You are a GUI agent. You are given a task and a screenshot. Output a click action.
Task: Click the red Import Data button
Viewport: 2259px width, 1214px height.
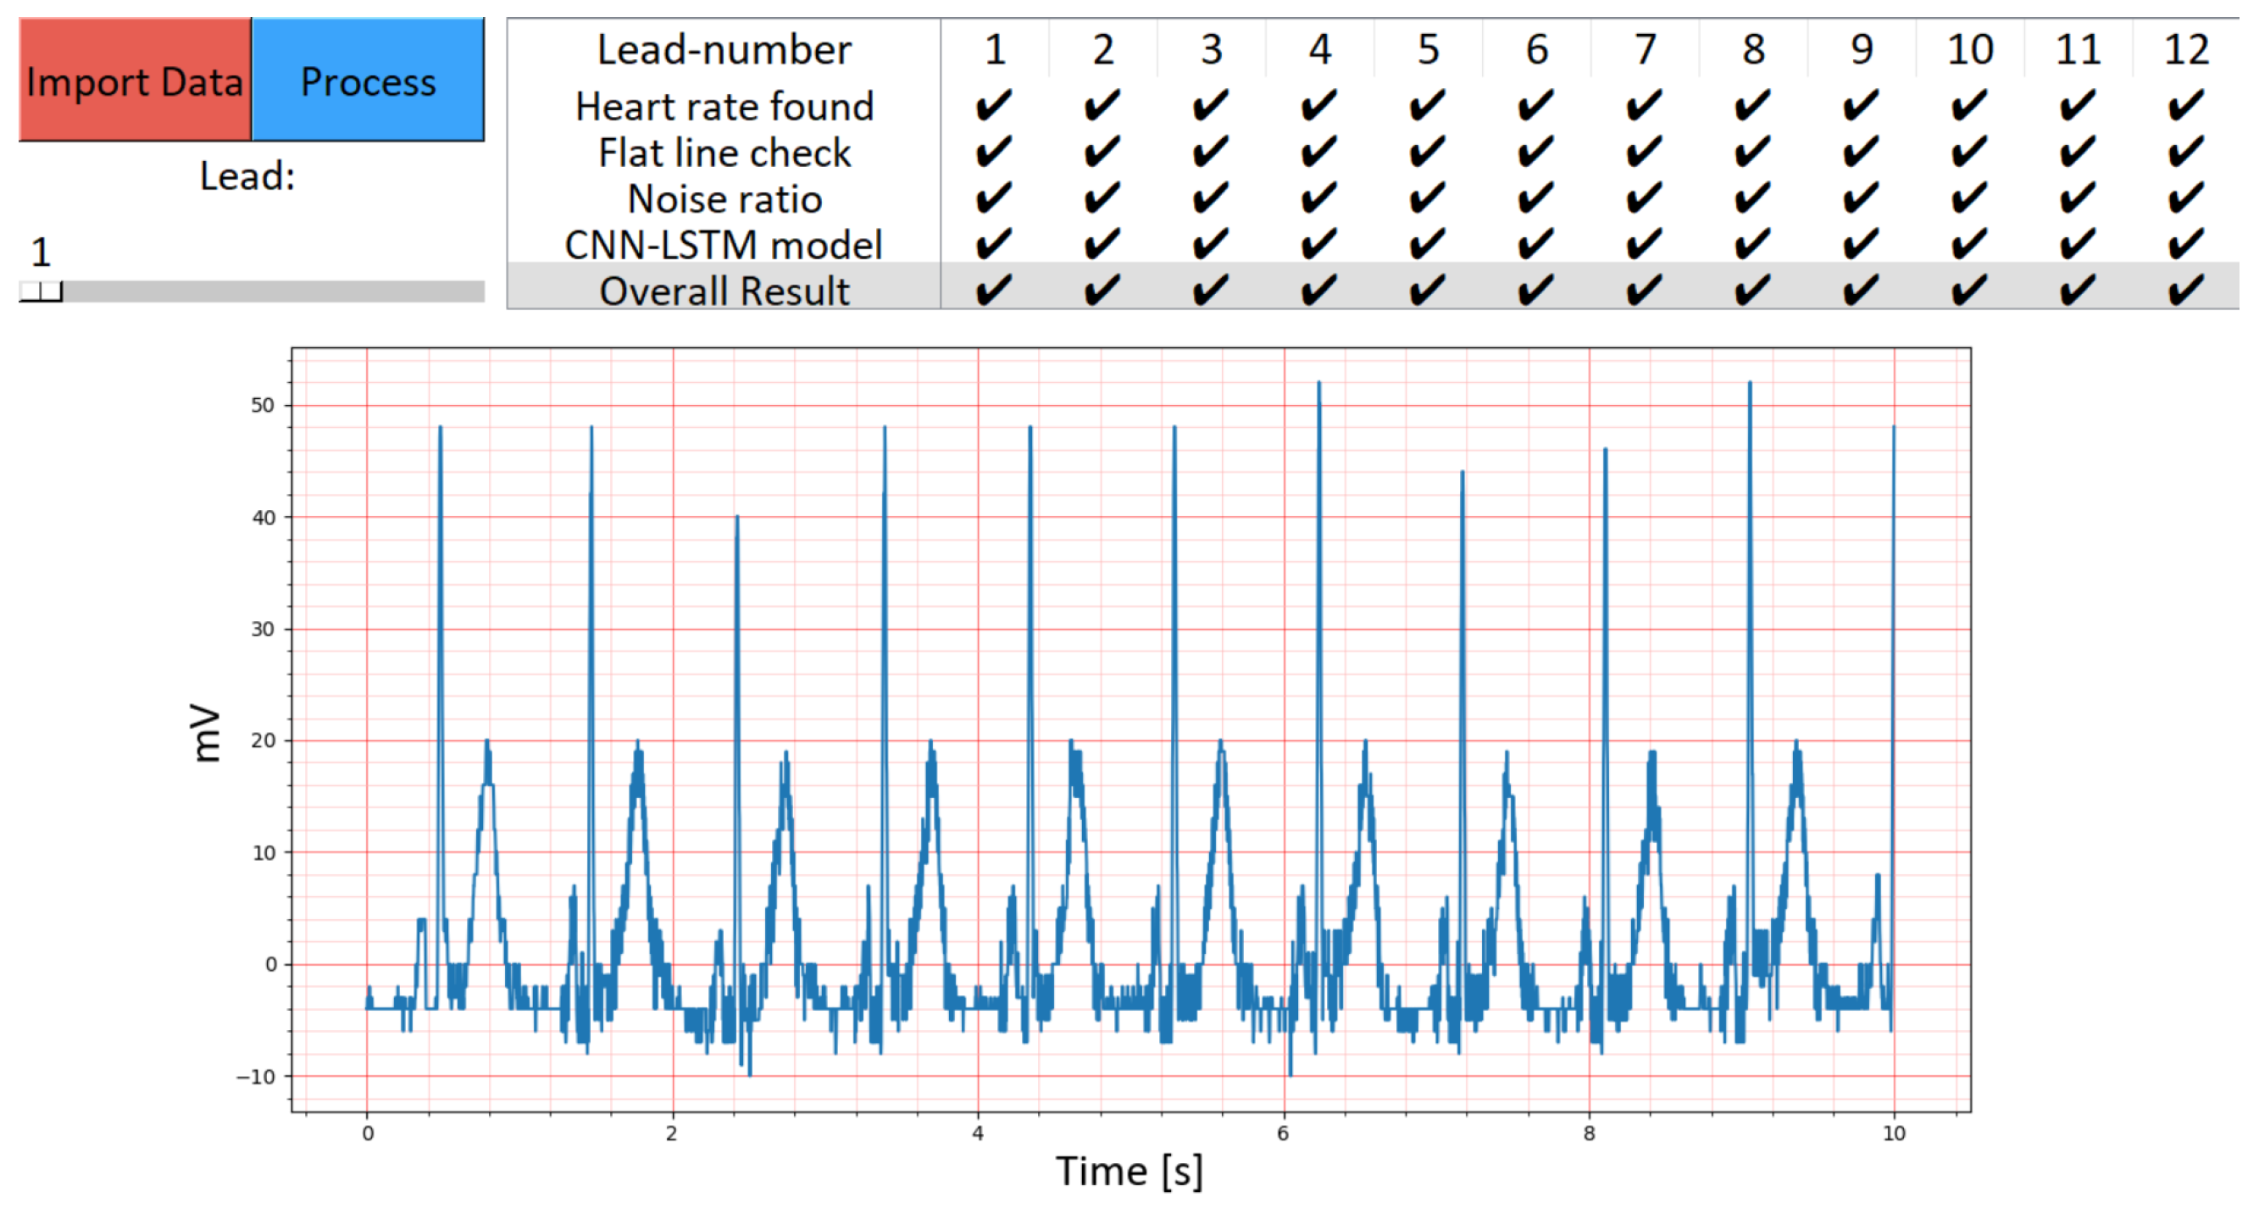point(135,80)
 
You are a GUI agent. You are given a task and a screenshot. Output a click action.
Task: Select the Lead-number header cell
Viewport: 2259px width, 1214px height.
point(724,49)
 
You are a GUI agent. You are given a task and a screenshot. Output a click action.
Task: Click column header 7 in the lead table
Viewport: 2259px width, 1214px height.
point(1645,49)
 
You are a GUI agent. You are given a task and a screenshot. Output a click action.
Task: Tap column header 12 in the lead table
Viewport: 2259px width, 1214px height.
point(2185,49)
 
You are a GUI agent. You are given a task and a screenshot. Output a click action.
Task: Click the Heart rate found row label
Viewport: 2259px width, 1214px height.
point(724,106)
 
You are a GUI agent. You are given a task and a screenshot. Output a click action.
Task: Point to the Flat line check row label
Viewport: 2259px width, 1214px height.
point(724,152)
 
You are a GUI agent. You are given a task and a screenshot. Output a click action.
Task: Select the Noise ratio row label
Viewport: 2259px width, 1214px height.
point(724,199)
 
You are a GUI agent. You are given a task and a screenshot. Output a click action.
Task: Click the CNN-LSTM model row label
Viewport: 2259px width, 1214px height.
point(724,245)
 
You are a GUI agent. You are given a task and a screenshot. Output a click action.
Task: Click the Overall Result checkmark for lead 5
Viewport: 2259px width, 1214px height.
point(1427,290)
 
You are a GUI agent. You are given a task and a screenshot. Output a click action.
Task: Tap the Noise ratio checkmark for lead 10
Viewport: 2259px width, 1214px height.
point(1968,198)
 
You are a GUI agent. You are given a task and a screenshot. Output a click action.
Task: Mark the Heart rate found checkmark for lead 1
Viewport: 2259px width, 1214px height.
point(994,106)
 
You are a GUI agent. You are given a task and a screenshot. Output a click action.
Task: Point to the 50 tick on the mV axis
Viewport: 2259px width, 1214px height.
point(262,405)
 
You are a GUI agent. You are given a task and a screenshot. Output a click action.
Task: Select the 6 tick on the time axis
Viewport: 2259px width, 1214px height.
point(1283,1134)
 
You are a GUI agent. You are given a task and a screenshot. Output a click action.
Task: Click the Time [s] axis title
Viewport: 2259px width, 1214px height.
point(1129,1171)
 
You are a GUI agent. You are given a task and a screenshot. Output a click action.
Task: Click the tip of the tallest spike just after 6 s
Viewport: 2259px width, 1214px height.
point(1318,383)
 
